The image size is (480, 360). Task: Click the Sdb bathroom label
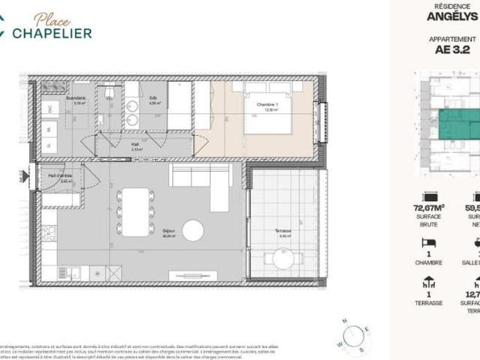153,99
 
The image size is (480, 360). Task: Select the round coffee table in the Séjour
193,230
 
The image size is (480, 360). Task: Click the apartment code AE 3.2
450,51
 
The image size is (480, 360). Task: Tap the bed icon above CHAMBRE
429,244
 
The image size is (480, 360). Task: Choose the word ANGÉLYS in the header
452,14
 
